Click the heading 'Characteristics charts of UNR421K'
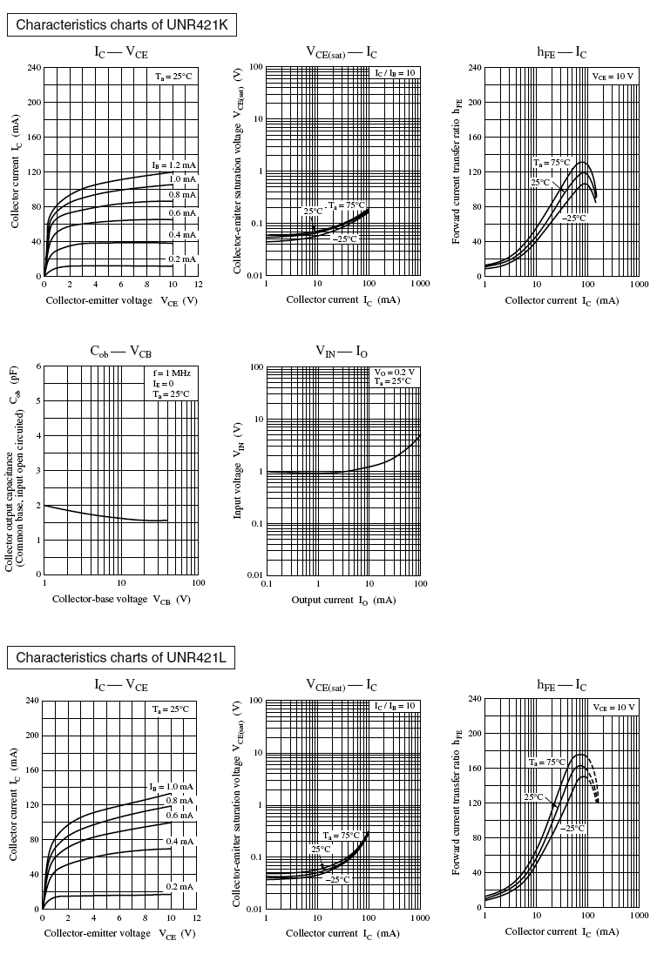(121, 25)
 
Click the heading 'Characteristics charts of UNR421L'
(121, 657)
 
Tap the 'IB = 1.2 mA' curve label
(173, 165)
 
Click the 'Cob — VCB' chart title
(120, 352)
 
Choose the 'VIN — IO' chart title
(342, 352)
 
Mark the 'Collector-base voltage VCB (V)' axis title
(120, 600)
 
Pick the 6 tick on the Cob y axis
(37, 366)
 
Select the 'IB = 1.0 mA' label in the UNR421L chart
(173, 786)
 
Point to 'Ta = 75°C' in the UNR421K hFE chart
(552, 163)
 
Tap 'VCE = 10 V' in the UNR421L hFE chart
(613, 708)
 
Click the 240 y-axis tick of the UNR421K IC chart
(33, 67)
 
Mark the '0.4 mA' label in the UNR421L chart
(180, 841)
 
